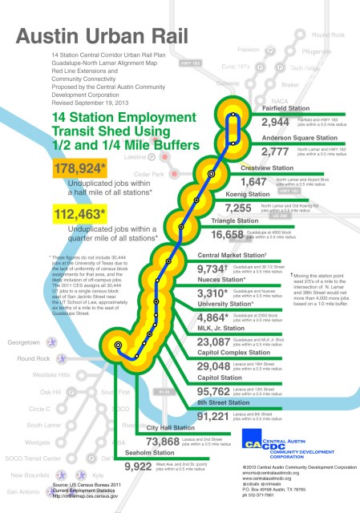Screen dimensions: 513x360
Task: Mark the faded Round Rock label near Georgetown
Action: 29,358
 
